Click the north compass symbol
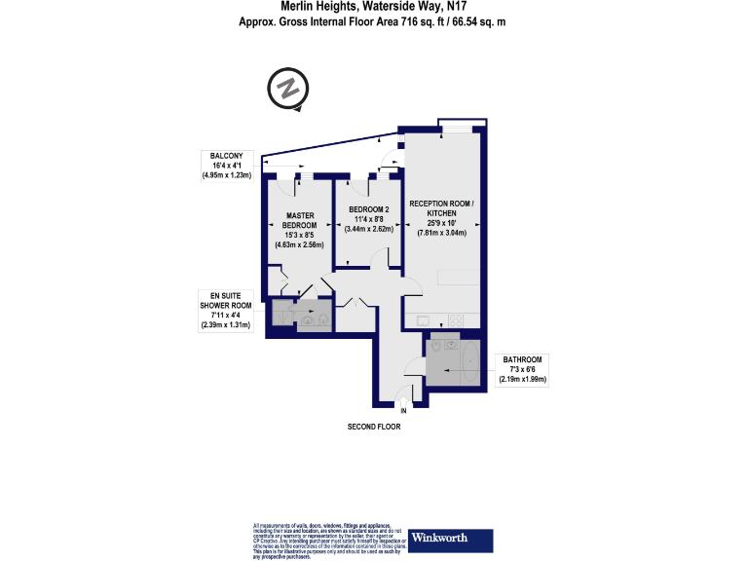tap(287, 91)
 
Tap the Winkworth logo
tap(451, 539)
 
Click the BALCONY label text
tap(227, 155)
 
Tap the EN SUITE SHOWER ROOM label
tap(226, 299)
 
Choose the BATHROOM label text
tap(522, 358)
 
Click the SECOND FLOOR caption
tap(374, 427)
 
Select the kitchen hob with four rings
tap(455, 321)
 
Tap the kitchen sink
tap(424, 320)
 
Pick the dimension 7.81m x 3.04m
tap(442, 233)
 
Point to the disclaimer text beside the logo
tap(328, 540)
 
